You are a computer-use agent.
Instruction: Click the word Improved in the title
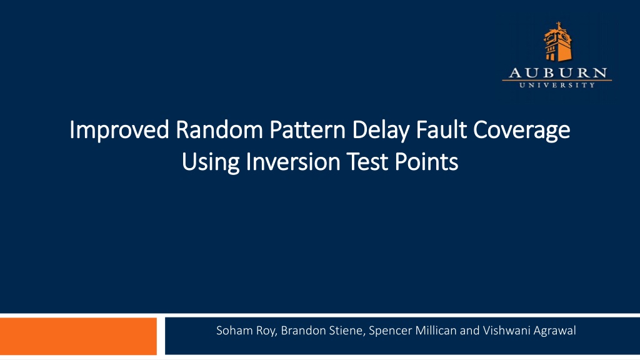pos(119,131)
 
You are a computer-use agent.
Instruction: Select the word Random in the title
pos(219,130)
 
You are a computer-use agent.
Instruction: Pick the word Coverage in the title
pos(522,131)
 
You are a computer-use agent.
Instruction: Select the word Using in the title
pos(210,162)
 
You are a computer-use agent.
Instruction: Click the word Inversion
pos(293,162)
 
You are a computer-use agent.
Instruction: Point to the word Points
pos(426,162)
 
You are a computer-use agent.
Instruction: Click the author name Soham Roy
pos(246,331)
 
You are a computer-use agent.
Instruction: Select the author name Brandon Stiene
pos(322,330)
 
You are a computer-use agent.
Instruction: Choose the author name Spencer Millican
pos(412,331)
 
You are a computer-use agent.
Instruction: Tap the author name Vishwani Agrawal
pos(529,331)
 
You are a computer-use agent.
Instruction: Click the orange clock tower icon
pos(557,42)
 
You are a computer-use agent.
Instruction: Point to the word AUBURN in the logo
pos(557,73)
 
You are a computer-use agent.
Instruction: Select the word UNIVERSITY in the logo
pos(557,85)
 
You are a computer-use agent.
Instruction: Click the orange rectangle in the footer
pos(78,336)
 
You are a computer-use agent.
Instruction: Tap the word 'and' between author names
pos(470,330)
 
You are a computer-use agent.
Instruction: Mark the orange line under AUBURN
pos(557,81)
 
